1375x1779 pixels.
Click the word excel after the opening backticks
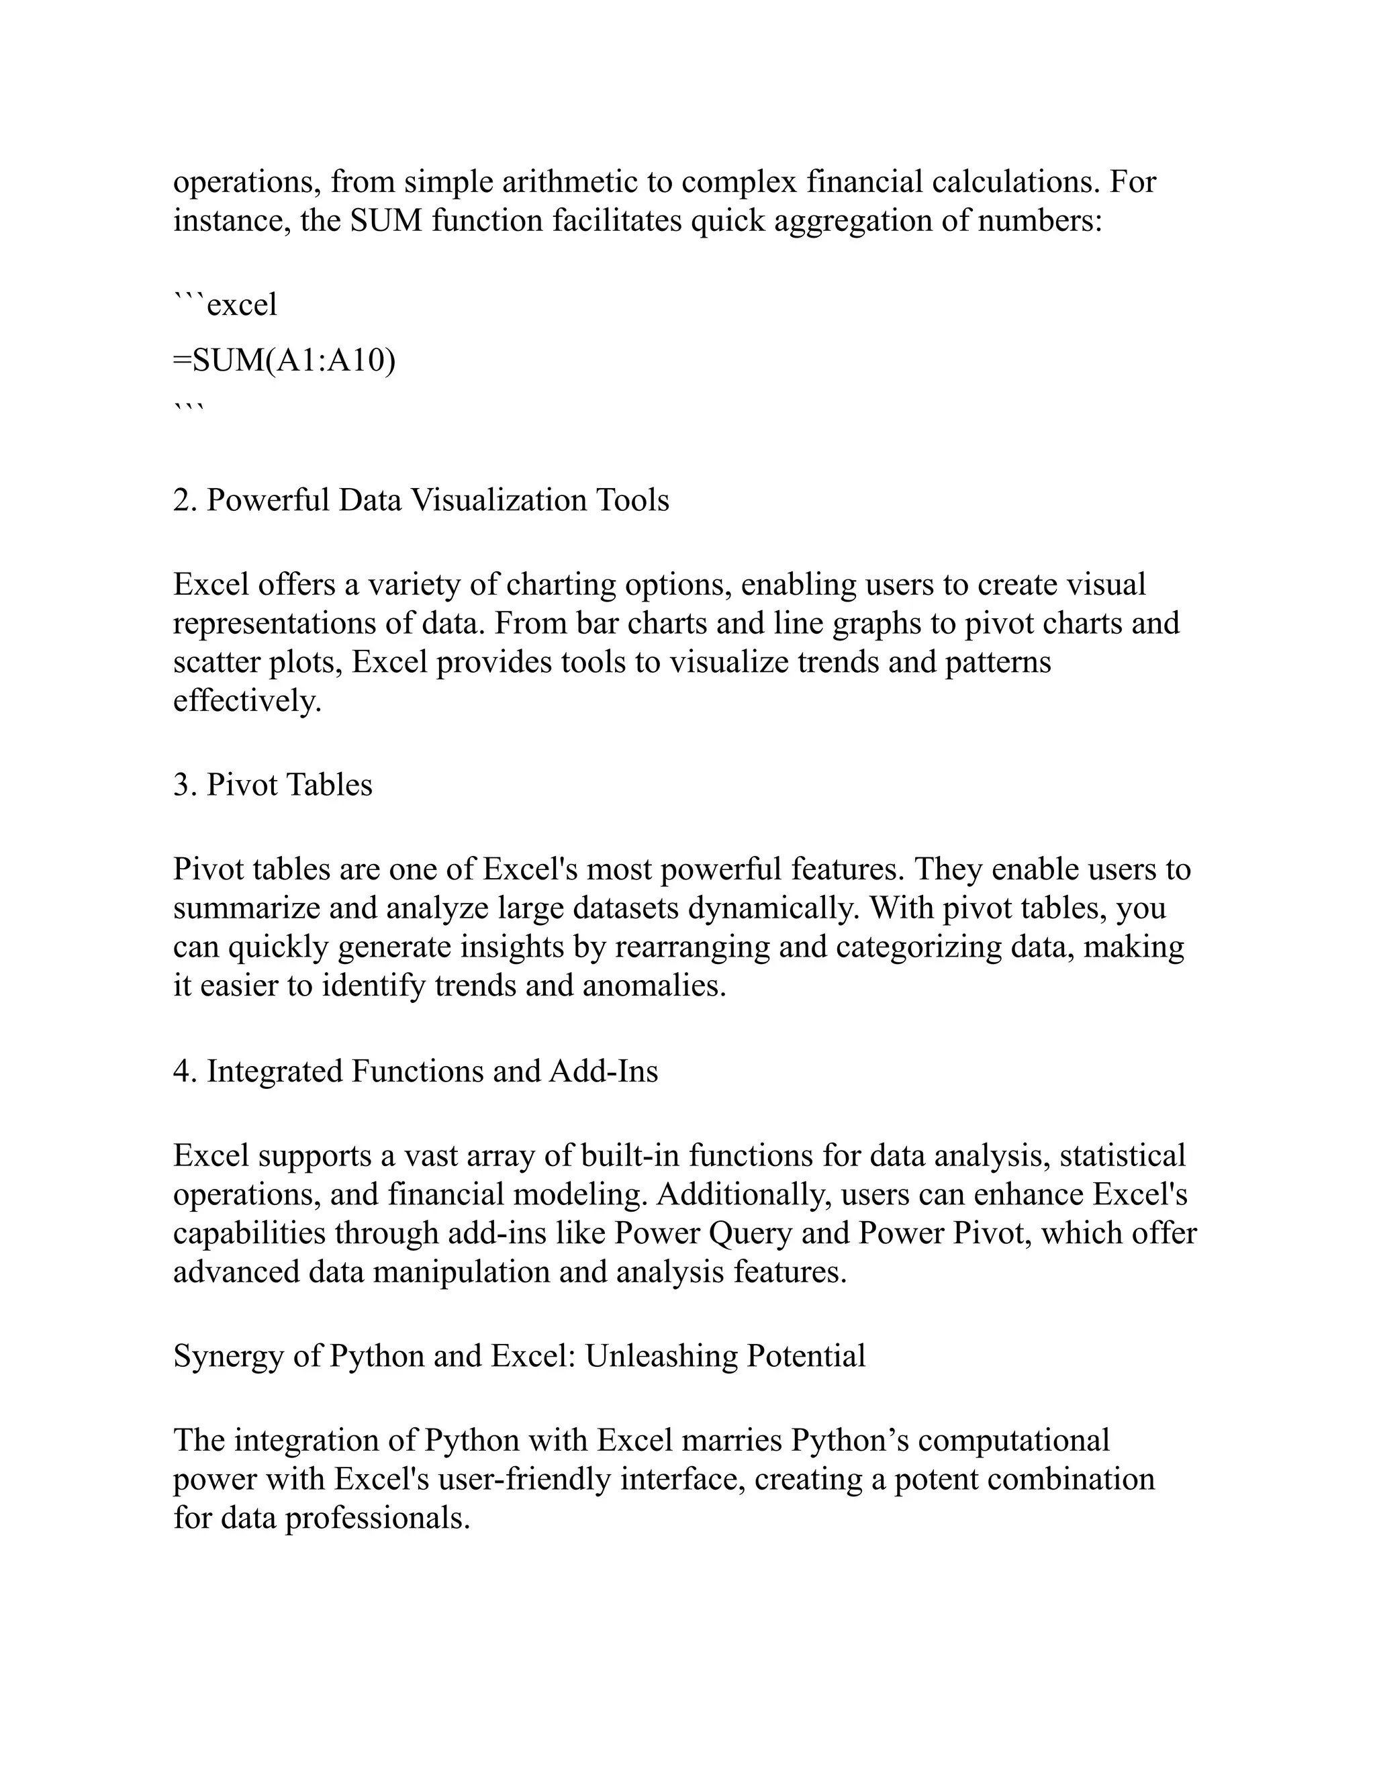[242, 305]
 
